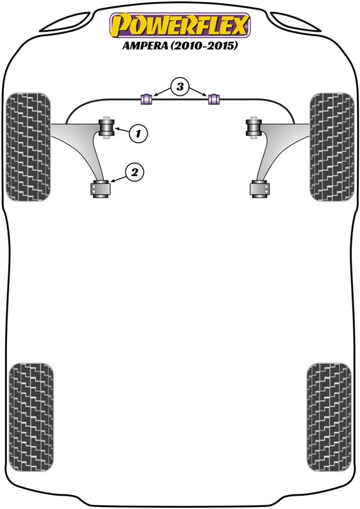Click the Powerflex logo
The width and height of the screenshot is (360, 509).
180,25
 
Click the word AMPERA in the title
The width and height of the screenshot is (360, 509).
145,45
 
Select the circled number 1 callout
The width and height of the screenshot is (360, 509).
138,133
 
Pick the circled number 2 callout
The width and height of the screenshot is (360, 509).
134,172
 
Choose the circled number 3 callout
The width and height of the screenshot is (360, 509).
180,87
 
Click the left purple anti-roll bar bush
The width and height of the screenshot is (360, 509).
146,99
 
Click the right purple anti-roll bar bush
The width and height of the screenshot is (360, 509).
214,99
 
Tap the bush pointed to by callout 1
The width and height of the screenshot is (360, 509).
106,128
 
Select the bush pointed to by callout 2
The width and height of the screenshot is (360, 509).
100,189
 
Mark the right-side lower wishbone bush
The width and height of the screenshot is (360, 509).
260,189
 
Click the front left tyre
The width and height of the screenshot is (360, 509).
28,147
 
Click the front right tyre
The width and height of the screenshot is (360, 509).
332,147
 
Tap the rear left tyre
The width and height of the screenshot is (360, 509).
31,417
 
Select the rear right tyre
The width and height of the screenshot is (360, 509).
329,417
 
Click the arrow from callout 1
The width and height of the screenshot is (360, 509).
122,130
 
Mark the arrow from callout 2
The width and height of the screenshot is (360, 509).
118,178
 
